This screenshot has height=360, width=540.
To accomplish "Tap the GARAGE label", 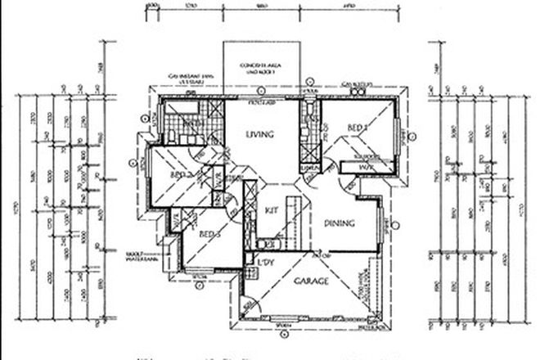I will [x=311, y=281].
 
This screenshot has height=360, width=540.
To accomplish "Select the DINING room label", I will [x=339, y=223].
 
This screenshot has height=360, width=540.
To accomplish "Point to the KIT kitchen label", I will [x=272, y=210].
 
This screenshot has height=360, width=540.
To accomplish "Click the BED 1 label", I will [x=357, y=128].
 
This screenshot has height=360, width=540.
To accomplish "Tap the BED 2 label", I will [x=181, y=174].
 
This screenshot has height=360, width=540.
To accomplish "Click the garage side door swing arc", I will [x=250, y=308].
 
